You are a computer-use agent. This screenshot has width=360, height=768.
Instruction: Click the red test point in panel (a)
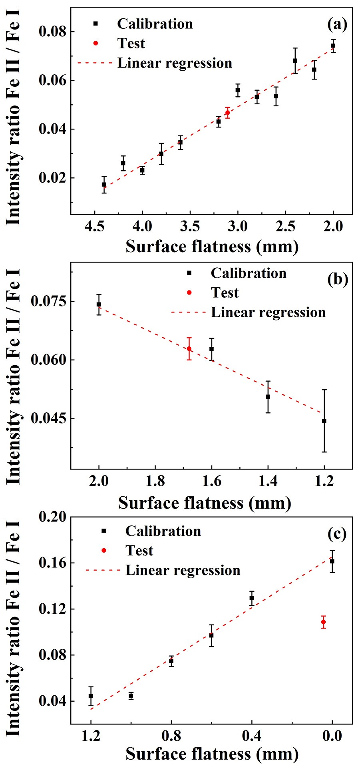[227, 113]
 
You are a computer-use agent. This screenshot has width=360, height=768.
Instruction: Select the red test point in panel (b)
[189, 348]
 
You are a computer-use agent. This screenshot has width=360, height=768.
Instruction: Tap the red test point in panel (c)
[323, 622]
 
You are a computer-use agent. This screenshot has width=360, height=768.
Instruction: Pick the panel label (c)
[337, 534]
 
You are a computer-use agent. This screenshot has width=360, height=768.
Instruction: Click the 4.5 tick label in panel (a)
[95, 227]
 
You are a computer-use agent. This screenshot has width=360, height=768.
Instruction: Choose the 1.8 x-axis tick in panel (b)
[155, 481]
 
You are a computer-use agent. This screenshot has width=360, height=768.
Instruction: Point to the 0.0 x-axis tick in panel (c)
[332, 736]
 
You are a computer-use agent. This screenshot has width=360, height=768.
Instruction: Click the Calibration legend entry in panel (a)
[155, 24]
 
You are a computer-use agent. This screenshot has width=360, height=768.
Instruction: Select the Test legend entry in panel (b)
[225, 293]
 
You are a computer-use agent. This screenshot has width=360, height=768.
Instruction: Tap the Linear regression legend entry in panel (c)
[183, 570]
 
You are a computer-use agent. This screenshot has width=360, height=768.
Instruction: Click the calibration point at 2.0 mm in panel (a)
[333, 46]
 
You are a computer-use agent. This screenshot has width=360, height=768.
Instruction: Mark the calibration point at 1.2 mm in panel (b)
[324, 421]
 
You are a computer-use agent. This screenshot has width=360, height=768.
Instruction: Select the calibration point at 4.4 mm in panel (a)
[104, 185]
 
